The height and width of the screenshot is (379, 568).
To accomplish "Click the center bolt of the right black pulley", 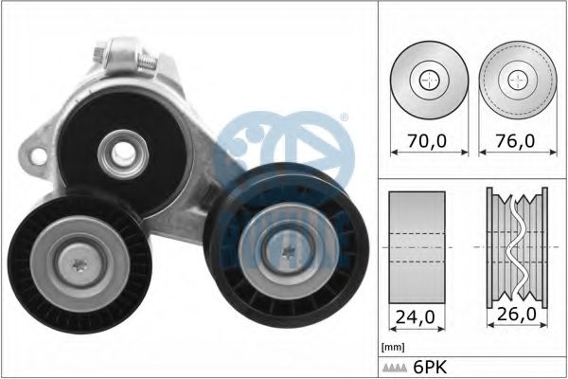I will [x=289, y=250].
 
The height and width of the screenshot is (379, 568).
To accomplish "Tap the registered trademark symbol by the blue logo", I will [x=344, y=118].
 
